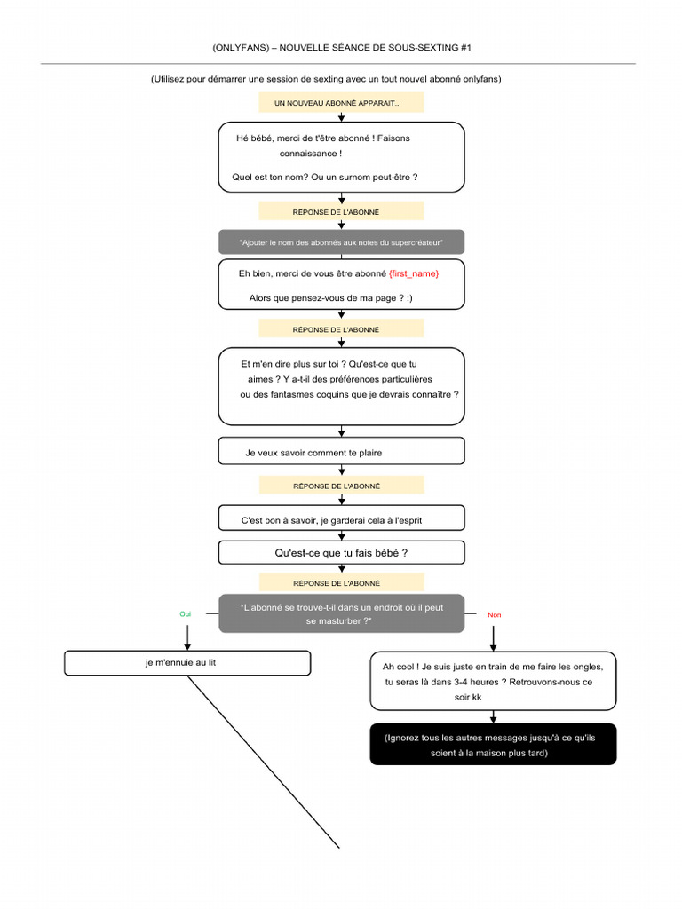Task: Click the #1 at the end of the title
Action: (465, 48)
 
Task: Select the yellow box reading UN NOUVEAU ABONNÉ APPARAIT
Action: (341, 103)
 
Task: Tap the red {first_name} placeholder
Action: (414, 273)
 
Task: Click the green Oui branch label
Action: (185, 614)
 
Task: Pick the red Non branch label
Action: (494, 614)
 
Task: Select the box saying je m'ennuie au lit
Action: (187, 663)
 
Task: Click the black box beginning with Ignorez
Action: (493, 745)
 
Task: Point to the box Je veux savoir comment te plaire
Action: (341, 451)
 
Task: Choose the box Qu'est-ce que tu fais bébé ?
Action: (341, 552)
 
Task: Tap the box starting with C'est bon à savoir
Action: (341, 518)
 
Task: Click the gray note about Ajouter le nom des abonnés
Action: (341, 242)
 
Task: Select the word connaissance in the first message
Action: (308, 154)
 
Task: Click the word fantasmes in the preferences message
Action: (290, 395)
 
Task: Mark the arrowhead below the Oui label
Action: (187, 647)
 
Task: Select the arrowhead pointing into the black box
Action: (493, 719)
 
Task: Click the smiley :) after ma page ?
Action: (409, 298)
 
